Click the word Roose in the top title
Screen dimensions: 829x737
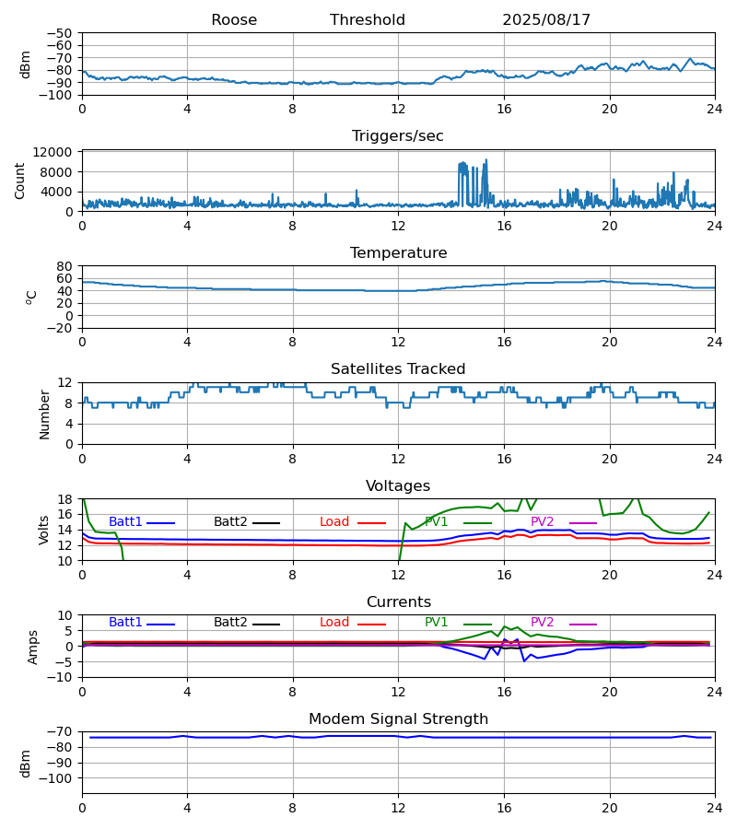pyautogui.click(x=234, y=20)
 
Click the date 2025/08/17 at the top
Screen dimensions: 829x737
pyautogui.click(x=546, y=20)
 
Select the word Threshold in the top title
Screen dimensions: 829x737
pyautogui.click(x=368, y=20)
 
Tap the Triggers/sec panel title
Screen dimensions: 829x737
pyautogui.click(x=398, y=136)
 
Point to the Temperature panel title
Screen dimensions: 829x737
pyautogui.click(x=398, y=253)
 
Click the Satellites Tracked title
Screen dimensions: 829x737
pyautogui.click(x=398, y=369)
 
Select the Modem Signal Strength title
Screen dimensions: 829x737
pyautogui.click(x=398, y=719)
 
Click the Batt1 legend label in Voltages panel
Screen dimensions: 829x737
pyautogui.click(x=125, y=522)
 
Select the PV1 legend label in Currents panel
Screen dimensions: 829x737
pyautogui.click(x=437, y=623)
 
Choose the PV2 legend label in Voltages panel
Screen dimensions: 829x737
pyautogui.click(x=543, y=522)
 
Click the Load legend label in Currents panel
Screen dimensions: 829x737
pyautogui.click(x=334, y=623)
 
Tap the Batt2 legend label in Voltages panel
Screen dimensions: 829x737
pyautogui.click(x=230, y=522)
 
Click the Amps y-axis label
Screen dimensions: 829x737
pyautogui.click(x=34, y=647)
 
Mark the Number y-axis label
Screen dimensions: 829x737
pyautogui.click(x=45, y=414)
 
